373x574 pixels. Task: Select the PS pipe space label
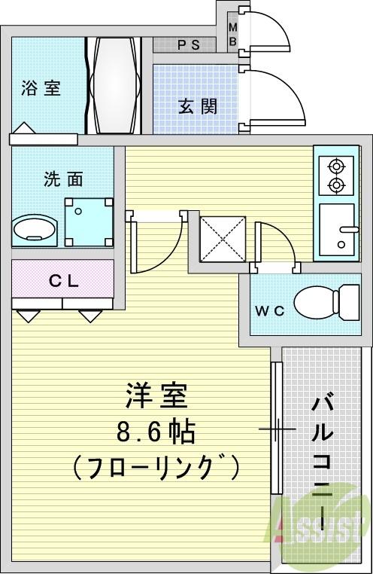[188, 45]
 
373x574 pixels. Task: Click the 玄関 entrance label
[198, 105]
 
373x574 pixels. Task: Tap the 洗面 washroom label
[63, 179]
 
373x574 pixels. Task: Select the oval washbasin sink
[35, 227]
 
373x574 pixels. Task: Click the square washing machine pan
[88, 222]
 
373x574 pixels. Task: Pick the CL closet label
[64, 282]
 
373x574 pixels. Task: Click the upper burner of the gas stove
[336, 166]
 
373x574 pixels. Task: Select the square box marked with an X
[223, 239]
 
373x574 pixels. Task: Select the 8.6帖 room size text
[156, 432]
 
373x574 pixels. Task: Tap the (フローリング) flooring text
[156, 468]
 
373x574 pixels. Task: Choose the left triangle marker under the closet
[28, 316]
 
